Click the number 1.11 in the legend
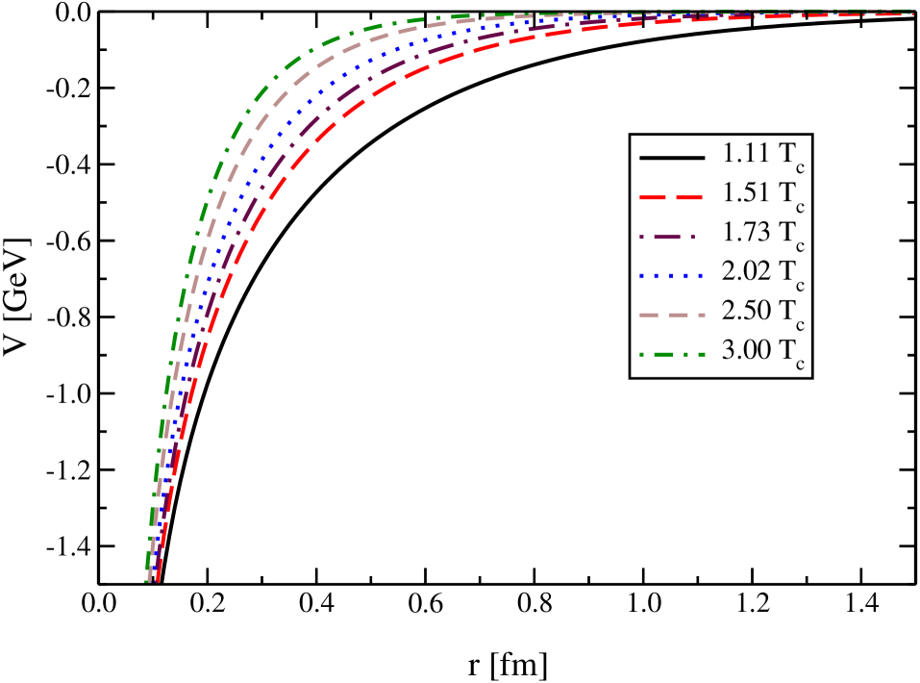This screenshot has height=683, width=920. [746, 155]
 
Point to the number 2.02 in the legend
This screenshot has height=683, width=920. [746, 273]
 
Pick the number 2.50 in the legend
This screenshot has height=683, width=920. [746, 313]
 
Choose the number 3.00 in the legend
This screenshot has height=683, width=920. [746, 352]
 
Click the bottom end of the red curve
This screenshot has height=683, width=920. [156, 580]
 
